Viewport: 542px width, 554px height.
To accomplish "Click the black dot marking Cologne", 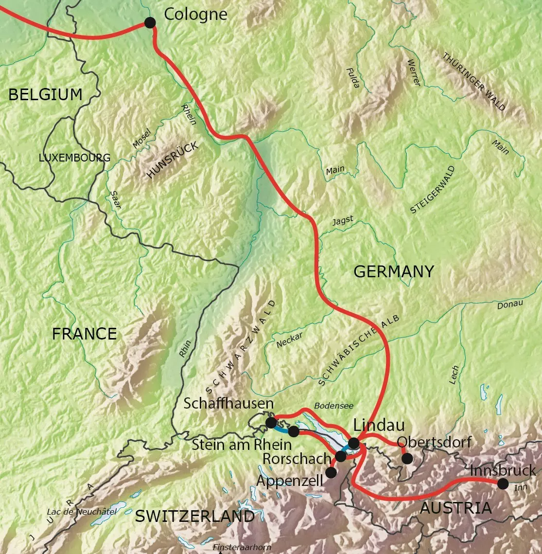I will (150, 22).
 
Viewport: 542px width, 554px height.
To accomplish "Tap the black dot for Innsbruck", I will (503, 483).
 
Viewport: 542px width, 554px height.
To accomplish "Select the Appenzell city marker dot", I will (331, 472).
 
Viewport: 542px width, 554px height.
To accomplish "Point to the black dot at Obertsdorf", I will (407, 458).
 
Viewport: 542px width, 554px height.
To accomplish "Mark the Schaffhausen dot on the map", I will (271, 422).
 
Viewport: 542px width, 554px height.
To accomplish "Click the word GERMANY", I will (393, 271).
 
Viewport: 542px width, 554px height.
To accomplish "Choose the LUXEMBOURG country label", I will (74, 158).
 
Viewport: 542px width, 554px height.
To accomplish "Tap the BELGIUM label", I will (45, 94).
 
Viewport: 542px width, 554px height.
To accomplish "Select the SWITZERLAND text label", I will (194, 516).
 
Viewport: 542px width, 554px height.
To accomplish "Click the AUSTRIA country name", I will (455, 508).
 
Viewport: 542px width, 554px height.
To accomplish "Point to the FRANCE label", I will (84, 334).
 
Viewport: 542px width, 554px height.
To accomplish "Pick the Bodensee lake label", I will (333, 405).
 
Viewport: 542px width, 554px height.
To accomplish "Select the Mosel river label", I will (142, 138).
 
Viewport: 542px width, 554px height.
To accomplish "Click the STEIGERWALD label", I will (433, 190).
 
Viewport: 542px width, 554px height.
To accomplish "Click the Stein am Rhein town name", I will (242, 444).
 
